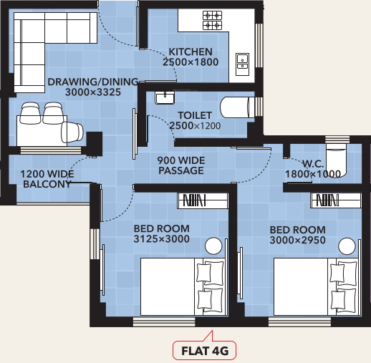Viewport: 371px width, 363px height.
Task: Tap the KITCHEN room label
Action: pyautogui.click(x=191, y=52)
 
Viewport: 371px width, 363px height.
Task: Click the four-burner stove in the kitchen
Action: pyautogui.click(x=213, y=19)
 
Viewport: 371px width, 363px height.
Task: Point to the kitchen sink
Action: pyautogui.click(x=241, y=61)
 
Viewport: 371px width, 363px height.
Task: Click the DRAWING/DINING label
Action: pyautogui.click(x=85, y=82)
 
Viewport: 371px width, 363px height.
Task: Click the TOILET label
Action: pyautogui.click(x=194, y=115)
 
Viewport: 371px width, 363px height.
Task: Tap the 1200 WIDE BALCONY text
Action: pyautogui.click(x=46, y=179)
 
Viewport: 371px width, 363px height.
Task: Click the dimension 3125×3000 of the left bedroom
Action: pyautogui.click(x=161, y=240)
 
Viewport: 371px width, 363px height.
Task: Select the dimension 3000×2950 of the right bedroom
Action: pyautogui.click(x=297, y=241)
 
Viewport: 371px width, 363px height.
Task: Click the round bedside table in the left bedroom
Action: pyautogui.click(x=214, y=247)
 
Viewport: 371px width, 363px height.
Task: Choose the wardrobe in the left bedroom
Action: pyautogui.click(x=203, y=200)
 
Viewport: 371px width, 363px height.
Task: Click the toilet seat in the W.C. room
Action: pyautogui.click(x=335, y=159)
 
